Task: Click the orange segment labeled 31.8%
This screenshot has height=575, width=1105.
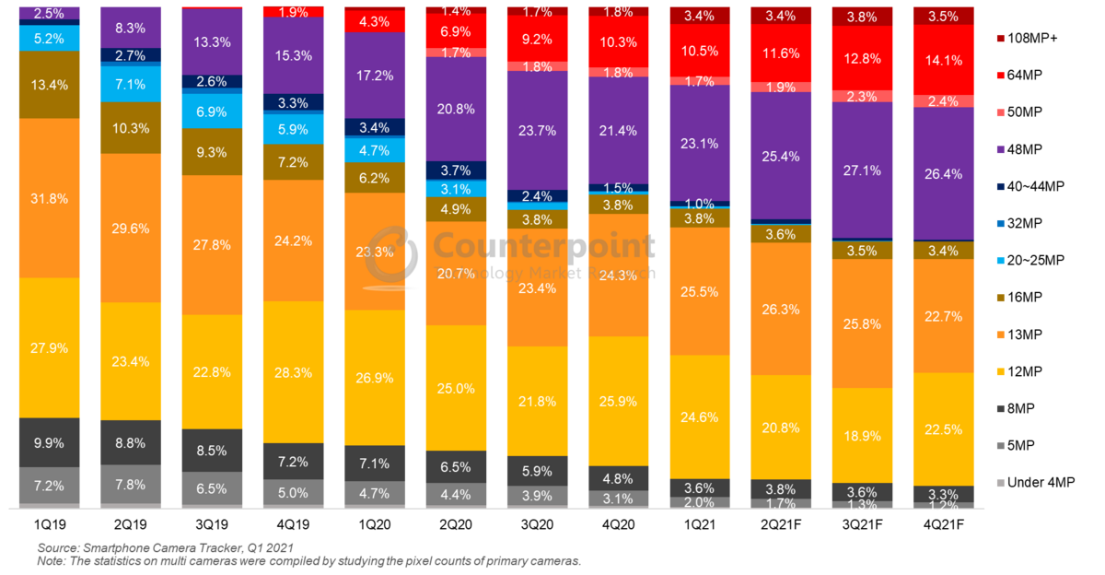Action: (50, 198)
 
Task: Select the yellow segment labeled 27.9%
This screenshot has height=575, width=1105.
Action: (50, 347)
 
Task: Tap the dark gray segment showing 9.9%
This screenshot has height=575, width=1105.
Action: (50, 442)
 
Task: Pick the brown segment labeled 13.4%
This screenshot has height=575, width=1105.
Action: (50, 84)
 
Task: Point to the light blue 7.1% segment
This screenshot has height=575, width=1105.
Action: (131, 84)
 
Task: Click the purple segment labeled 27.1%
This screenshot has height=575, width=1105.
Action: (862, 170)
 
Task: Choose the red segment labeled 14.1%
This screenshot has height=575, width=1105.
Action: (943, 60)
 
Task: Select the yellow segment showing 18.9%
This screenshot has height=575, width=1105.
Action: (862, 435)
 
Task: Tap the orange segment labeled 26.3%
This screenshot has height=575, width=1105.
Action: (781, 309)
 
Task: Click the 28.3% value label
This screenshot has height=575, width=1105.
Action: (294, 372)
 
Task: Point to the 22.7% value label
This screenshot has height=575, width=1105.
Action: (943, 316)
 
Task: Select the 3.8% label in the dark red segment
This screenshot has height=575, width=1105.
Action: (862, 17)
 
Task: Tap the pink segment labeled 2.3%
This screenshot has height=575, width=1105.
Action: (862, 96)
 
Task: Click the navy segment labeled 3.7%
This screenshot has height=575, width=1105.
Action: (456, 170)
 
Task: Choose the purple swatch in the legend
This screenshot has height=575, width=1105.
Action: (1000, 149)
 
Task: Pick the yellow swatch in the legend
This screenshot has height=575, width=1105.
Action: (1000, 371)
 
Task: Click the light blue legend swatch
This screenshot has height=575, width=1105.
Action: (1000, 260)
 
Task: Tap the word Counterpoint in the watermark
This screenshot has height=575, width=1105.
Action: (544, 246)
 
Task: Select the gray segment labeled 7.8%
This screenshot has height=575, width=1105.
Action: (131, 484)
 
